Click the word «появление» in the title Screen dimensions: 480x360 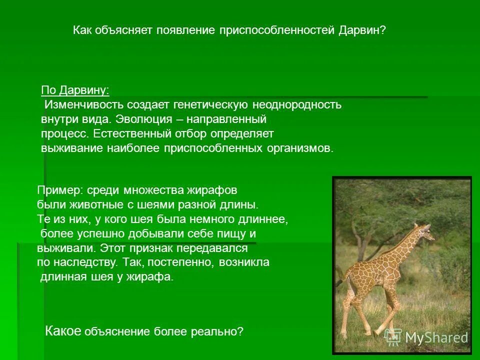[186, 30]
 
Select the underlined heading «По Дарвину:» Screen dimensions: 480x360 [75, 90]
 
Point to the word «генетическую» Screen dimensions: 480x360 [210, 104]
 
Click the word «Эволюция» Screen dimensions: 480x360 [144, 119]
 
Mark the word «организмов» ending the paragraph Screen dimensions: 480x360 [299, 148]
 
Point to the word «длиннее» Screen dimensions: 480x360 [261, 219]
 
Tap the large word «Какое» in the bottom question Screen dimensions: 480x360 [63, 330]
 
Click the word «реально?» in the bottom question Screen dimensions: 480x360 [217, 331]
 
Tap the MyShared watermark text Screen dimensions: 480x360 [436, 337]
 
